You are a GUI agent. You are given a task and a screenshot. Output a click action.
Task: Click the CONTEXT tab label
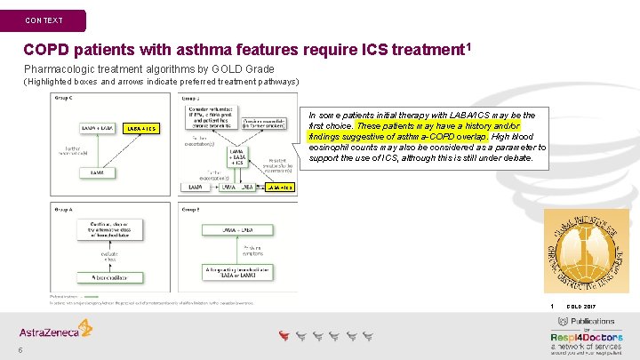click(44, 20)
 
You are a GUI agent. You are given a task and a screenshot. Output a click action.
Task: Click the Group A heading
click(64, 210)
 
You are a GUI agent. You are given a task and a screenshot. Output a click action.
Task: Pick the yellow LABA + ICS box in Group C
click(142, 129)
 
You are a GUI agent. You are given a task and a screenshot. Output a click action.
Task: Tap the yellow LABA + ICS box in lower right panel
click(277, 188)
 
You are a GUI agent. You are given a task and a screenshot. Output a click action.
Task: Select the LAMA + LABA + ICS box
click(236, 158)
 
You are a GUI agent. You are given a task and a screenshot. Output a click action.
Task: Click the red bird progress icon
click(284, 335)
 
